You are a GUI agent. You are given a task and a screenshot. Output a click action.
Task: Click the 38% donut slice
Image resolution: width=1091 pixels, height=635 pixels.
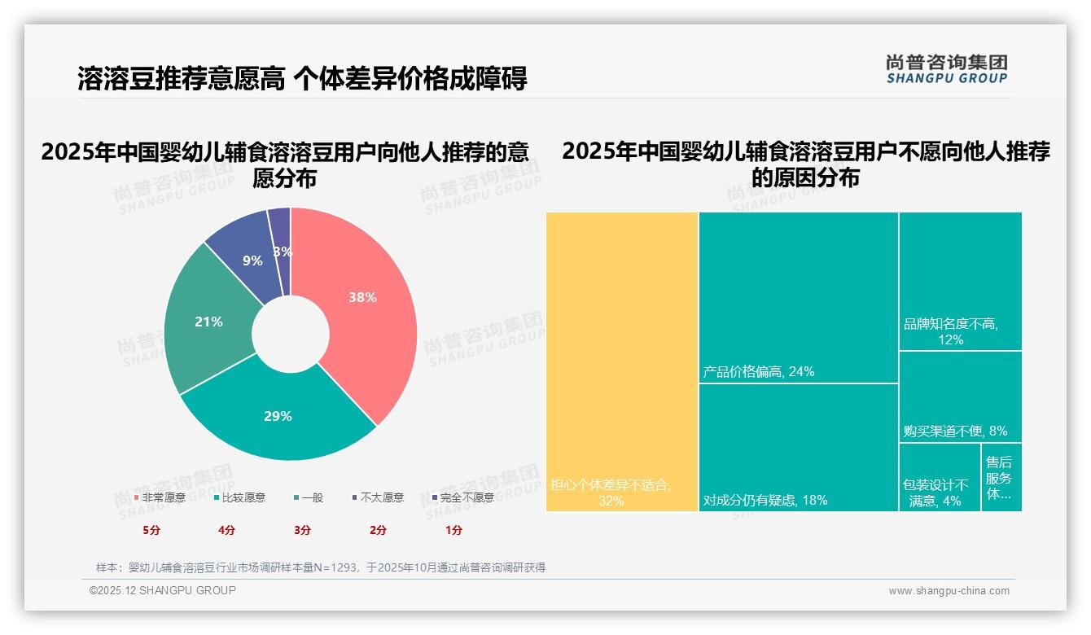pyautogui.click(x=362, y=298)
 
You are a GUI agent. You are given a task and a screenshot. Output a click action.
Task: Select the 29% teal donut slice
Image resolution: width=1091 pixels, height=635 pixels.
pyautogui.click(x=278, y=416)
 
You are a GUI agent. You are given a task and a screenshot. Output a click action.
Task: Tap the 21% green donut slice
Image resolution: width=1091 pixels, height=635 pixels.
pyautogui.click(x=208, y=322)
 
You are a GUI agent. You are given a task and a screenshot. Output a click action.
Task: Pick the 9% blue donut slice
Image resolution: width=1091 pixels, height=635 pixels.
pyautogui.click(x=252, y=261)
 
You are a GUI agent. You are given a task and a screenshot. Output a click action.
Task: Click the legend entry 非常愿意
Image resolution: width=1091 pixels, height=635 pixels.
pyautogui.click(x=160, y=497)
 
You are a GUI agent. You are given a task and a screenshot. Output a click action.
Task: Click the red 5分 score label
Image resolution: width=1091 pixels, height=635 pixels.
pyautogui.click(x=152, y=530)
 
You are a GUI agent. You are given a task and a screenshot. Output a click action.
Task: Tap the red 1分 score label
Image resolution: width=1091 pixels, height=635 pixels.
pyautogui.click(x=453, y=530)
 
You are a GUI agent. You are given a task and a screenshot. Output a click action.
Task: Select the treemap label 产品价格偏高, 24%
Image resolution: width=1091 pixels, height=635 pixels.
pyautogui.click(x=758, y=372)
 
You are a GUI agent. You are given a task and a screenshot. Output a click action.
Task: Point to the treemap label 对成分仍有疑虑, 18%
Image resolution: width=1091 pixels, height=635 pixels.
pyautogui.click(x=765, y=500)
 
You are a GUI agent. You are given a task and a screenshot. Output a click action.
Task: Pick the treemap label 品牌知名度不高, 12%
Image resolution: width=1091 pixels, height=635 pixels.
pyautogui.click(x=950, y=331)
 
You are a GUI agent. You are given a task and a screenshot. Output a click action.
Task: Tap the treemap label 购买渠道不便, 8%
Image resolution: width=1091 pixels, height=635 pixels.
pyautogui.click(x=955, y=431)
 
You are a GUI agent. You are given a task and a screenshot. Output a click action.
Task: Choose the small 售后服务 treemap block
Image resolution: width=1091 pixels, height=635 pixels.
pyautogui.click(x=1001, y=477)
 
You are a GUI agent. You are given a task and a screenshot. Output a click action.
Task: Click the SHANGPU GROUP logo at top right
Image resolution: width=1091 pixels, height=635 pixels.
pyautogui.click(x=946, y=69)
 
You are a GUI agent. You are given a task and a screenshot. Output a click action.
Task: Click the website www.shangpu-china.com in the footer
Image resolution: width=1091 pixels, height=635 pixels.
pyautogui.click(x=949, y=591)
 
